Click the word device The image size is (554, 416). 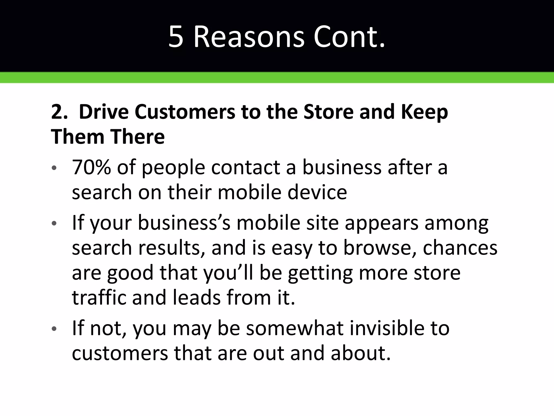[x=317, y=192]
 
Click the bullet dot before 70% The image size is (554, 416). [x=54, y=168]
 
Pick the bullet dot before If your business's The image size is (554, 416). [x=54, y=223]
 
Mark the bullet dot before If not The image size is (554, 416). [x=54, y=329]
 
